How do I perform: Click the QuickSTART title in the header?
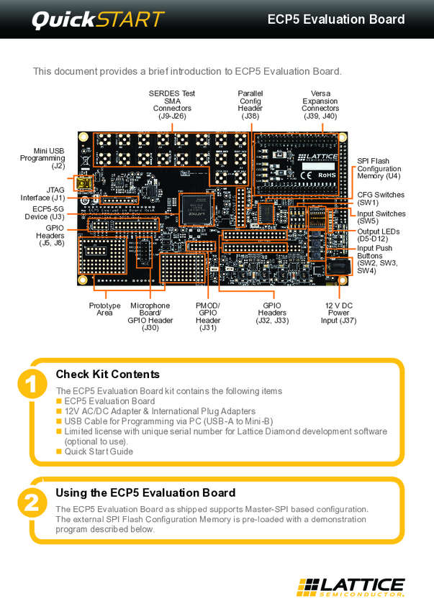click(97, 19)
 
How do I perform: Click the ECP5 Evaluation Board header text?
click(335, 19)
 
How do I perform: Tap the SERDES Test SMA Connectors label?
click(172, 104)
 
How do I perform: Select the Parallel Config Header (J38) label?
click(250, 104)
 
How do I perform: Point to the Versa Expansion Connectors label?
click(320, 104)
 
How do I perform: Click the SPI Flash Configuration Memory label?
click(379, 168)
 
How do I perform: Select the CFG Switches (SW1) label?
click(381, 198)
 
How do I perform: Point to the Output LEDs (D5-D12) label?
click(378, 235)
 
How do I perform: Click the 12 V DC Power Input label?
click(338, 313)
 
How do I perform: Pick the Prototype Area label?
click(104, 309)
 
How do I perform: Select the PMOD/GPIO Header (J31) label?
click(208, 317)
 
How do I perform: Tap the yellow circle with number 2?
click(31, 502)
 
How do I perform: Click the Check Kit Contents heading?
click(107, 374)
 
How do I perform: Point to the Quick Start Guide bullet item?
click(99, 451)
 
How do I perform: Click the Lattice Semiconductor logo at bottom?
click(351, 587)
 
